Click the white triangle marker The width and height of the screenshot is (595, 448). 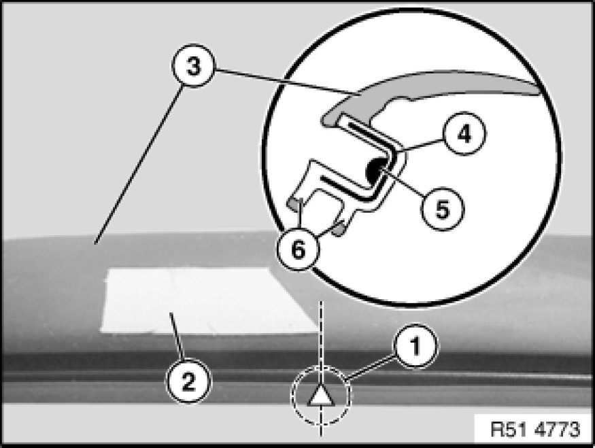[320, 396]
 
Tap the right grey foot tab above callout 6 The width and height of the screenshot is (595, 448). [339, 230]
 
